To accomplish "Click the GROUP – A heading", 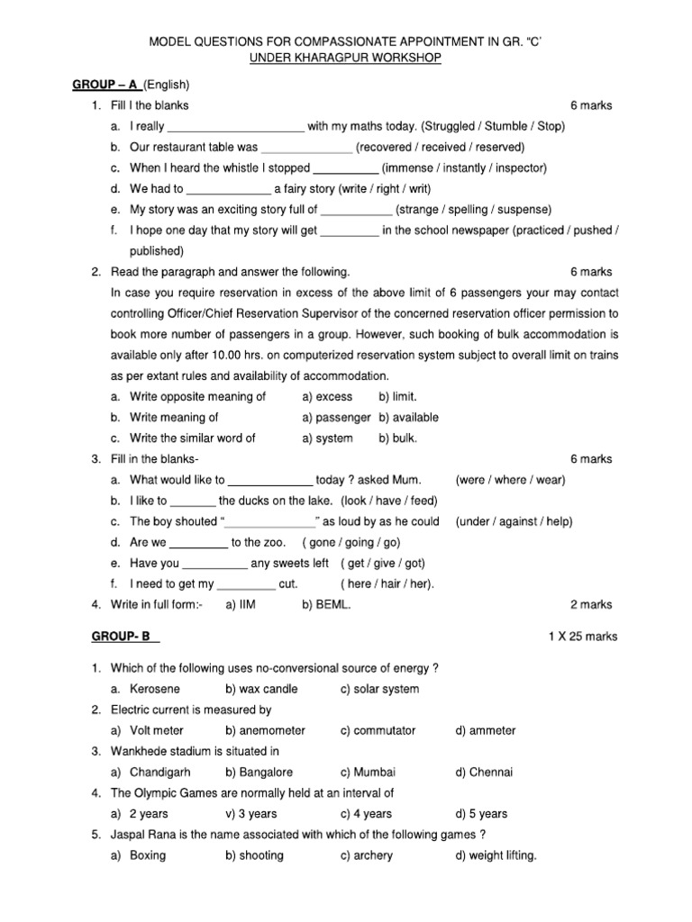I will click(105, 85).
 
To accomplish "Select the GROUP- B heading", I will click(124, 637).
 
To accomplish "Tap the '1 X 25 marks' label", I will click(583, 637).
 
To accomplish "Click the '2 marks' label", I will click(591, 605).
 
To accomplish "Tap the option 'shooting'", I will click(261, 855).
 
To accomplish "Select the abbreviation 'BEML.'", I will click(332, 605).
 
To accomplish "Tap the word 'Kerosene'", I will click(155, 689).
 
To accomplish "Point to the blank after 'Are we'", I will click(198, 542).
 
